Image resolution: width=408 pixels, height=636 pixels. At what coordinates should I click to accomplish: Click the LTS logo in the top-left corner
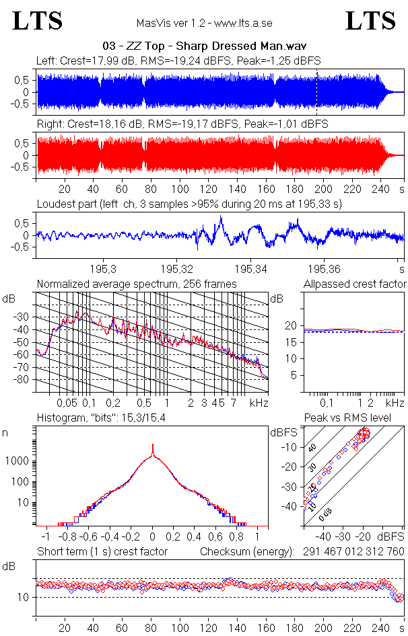(38, 22)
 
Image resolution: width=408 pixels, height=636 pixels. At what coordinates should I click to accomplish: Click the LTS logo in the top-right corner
(370, 22)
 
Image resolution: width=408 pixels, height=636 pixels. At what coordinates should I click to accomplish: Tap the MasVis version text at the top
(204, 23)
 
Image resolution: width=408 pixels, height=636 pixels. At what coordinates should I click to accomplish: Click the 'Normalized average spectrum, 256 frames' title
(137, 284)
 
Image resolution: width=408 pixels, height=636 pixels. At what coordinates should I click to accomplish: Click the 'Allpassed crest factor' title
(355, 284)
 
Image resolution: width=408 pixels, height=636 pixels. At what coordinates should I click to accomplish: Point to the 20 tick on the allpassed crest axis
(292, 326)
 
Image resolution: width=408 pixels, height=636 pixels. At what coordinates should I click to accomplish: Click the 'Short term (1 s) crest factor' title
(102, 552)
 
